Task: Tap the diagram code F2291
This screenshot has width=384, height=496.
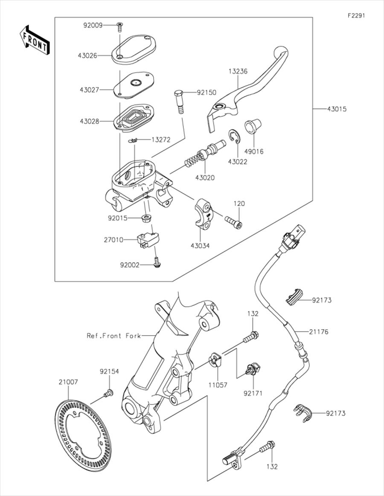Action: [356, 15]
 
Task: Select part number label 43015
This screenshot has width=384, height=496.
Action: [337, 109]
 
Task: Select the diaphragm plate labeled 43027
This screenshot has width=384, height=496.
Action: [134, 83]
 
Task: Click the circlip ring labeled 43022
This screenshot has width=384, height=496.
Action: [234, 136]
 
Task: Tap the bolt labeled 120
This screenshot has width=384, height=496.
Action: [233, 222]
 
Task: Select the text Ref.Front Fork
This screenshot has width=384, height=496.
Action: [113, 336]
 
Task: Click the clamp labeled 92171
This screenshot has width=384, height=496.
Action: [253, 369]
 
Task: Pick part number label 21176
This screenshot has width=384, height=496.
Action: [319, 331]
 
